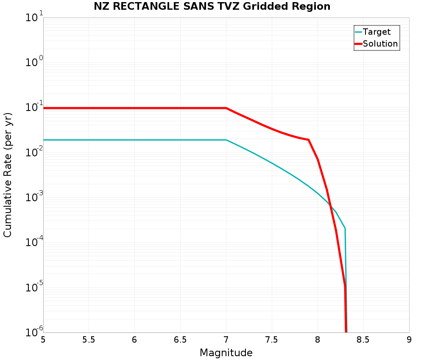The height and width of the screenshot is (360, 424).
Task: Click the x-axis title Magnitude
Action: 226,353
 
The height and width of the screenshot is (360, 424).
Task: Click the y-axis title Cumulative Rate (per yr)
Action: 8,175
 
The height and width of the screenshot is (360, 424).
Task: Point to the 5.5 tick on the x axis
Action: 89,340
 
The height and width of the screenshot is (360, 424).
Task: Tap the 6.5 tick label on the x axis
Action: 180,340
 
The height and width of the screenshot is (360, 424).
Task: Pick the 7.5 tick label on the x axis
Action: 271,340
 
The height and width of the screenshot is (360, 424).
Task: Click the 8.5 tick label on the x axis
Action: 363,340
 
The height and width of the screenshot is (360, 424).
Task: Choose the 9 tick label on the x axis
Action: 409,340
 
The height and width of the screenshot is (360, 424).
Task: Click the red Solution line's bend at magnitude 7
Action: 226,108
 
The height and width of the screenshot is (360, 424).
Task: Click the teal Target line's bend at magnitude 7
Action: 226,140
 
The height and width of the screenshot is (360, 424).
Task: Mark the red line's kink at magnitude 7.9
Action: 308,140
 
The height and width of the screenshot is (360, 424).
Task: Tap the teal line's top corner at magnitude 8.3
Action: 345,228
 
